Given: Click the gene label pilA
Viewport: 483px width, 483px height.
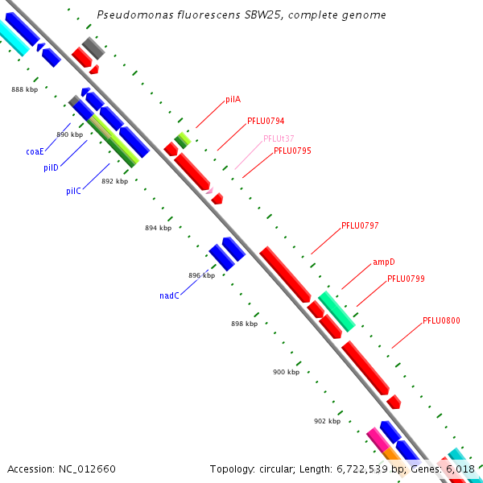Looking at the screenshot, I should click(233, 100).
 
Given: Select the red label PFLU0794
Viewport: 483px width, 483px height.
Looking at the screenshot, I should click(266, 122).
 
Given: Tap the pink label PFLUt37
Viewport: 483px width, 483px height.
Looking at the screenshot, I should click(279, 138).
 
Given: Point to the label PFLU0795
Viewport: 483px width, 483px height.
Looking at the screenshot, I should click(292, 151).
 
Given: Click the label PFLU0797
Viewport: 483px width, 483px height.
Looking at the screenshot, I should click(360, 226).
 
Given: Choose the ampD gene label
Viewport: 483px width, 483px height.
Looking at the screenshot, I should click(383, 262).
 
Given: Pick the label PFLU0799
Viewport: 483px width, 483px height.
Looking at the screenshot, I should click(406, 279).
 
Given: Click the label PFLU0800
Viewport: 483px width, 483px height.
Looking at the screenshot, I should click(441, 320).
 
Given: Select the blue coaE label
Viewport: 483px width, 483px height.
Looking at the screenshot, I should click(35, 151).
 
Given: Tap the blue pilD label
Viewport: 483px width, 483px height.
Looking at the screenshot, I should click(51, 167).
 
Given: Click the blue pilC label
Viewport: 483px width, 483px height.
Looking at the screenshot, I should click(73, 192).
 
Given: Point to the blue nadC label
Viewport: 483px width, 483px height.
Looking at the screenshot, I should click(169, 295).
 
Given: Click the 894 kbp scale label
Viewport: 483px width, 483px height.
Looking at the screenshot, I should click(158, 228).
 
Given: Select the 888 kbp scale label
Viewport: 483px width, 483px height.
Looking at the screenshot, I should click(24, 89).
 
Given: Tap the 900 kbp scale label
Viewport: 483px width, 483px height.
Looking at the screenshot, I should click(286, 372).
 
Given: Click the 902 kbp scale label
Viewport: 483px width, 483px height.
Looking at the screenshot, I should click(327, 421).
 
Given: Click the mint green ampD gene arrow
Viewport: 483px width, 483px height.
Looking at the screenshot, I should click(336, 312).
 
